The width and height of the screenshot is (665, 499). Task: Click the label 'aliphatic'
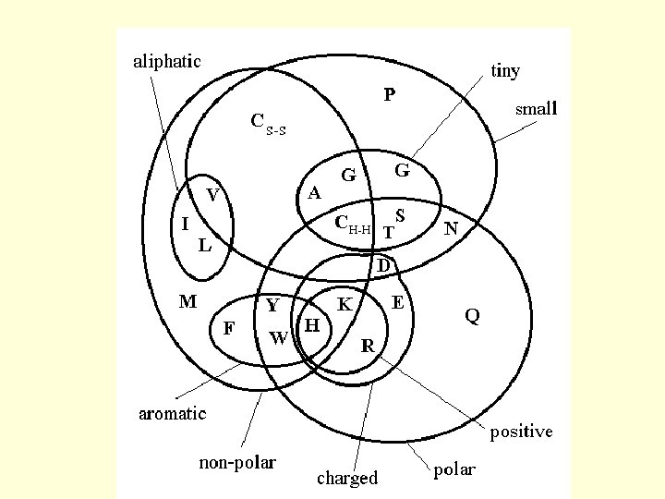pyautogui.click(x=167, y=62)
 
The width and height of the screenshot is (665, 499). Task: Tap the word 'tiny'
pyautogui.click(x=505, y=71)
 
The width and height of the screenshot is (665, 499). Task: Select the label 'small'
pyautogui.click(x=537, y=109)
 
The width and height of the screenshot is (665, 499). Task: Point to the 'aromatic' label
pyautogui.click(x=172, y=413)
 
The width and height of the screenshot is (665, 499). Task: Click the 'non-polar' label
pyautogui.click(x=237, y=462)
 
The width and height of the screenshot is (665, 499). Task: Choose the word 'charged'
pyautogui.click(x=347, y=478)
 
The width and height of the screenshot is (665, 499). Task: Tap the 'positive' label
pyautogui.click(x=521, y=432)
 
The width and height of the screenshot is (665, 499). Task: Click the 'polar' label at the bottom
pyautogui.click(x=453, y=469)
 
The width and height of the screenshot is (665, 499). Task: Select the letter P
pyautogui.click(x=390, y=94)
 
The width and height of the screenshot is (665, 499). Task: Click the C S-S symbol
pyautogui.click(x=269, y=123)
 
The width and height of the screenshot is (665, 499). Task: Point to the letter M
pyautogui.click(x=187, y=300)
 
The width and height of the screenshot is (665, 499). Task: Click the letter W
pyautogui.click(x=278, y=337)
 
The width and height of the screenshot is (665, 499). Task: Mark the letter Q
pyautogui.click(x=472, y=316)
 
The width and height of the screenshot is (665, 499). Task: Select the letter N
pyautogui.click(x=452, y=227)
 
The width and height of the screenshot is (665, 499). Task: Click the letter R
pyautogui.click(x=368, y=347)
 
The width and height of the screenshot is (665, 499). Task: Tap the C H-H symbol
pyautogui.click(x=353, y=225)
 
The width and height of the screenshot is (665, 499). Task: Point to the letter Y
pyautogui.click(x=272, y=304)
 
